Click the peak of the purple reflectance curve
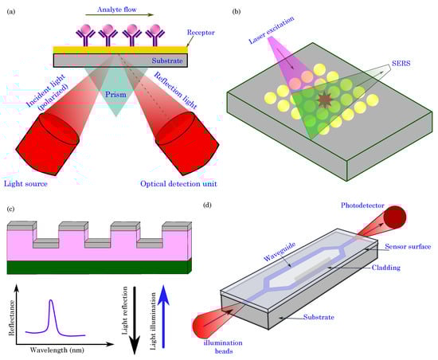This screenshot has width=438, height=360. point(51,301)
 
